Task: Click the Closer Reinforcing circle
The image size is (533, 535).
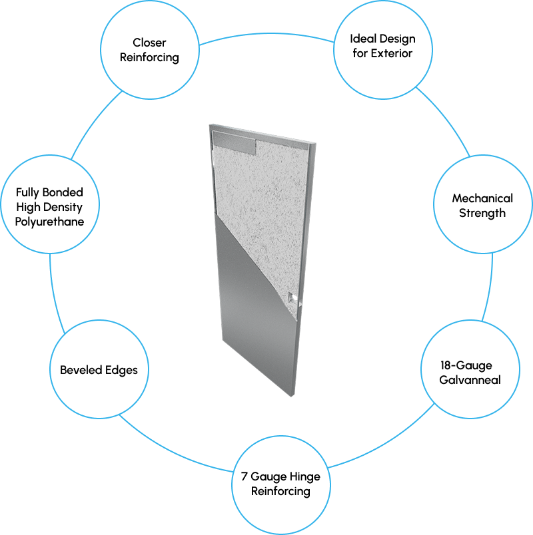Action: point(149,50)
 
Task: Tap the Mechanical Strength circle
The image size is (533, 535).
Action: point(482,206)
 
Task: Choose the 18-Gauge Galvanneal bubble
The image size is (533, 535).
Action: point(470,373)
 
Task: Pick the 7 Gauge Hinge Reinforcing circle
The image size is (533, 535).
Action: point(280,484)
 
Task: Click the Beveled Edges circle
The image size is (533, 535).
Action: point(99,370)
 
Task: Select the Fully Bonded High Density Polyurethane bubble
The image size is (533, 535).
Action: point(50,207)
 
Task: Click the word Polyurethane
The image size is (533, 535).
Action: point(50,222)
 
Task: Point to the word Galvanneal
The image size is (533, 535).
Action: point(470,381)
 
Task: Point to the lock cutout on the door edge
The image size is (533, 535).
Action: point(291,297)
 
